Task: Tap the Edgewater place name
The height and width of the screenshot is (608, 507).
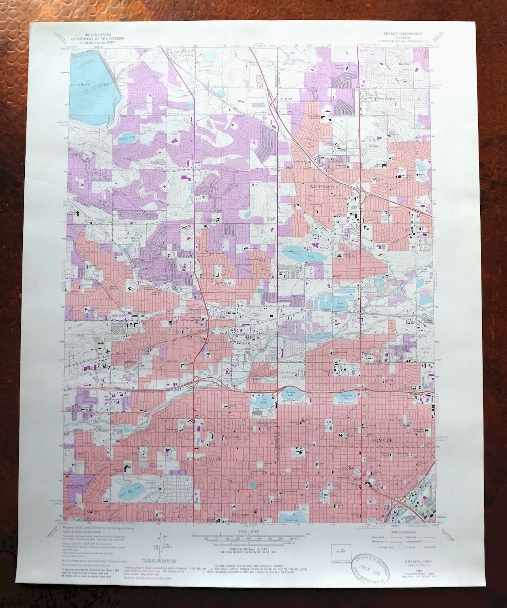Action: pos(240,514)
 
